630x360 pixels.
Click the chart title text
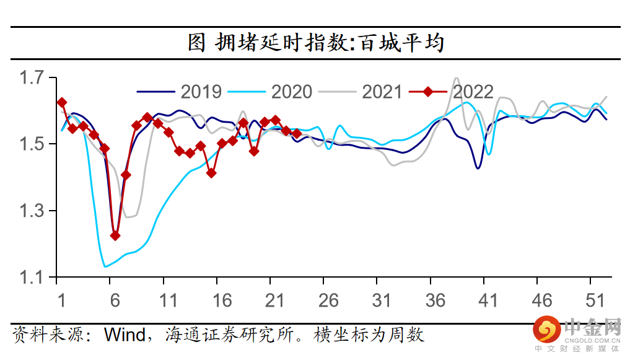pos(316,43)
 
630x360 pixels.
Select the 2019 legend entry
pos(179,92)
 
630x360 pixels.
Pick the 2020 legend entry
pos(270,92)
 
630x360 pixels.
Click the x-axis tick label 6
pos(115,301)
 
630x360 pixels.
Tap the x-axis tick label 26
pos(328,301)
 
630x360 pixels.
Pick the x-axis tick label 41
pos(489,301)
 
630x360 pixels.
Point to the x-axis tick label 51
pos(595,301)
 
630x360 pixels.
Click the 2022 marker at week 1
pos(61,102)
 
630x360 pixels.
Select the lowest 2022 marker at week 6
pos(115,235)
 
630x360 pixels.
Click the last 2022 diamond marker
pos(297,133)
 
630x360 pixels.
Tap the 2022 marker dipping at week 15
pos(211,173)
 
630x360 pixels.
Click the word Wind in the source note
pos(123,335)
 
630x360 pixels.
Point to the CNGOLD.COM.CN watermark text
pos(592,340)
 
